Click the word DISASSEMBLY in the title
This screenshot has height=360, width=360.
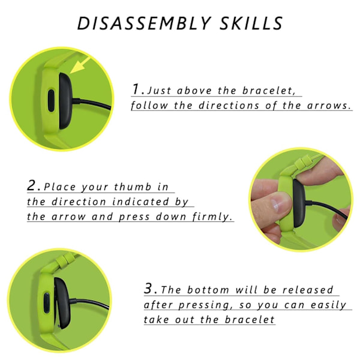tap(144, 23)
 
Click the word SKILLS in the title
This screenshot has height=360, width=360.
tap(251, 23)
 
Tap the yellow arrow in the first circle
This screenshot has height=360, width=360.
tap(80, 65)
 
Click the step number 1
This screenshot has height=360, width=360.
tap(137, 89)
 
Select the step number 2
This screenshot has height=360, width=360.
tap(32, 185)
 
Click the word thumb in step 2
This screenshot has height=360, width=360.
tap(133, 187)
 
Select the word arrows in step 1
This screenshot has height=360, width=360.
tap(329, 106)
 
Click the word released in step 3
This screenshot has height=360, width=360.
tap(308, 290)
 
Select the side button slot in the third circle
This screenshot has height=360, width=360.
tap(47, 302)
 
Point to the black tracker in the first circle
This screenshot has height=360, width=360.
tap(66, 101)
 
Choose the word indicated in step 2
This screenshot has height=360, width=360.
tap(141, 202)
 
